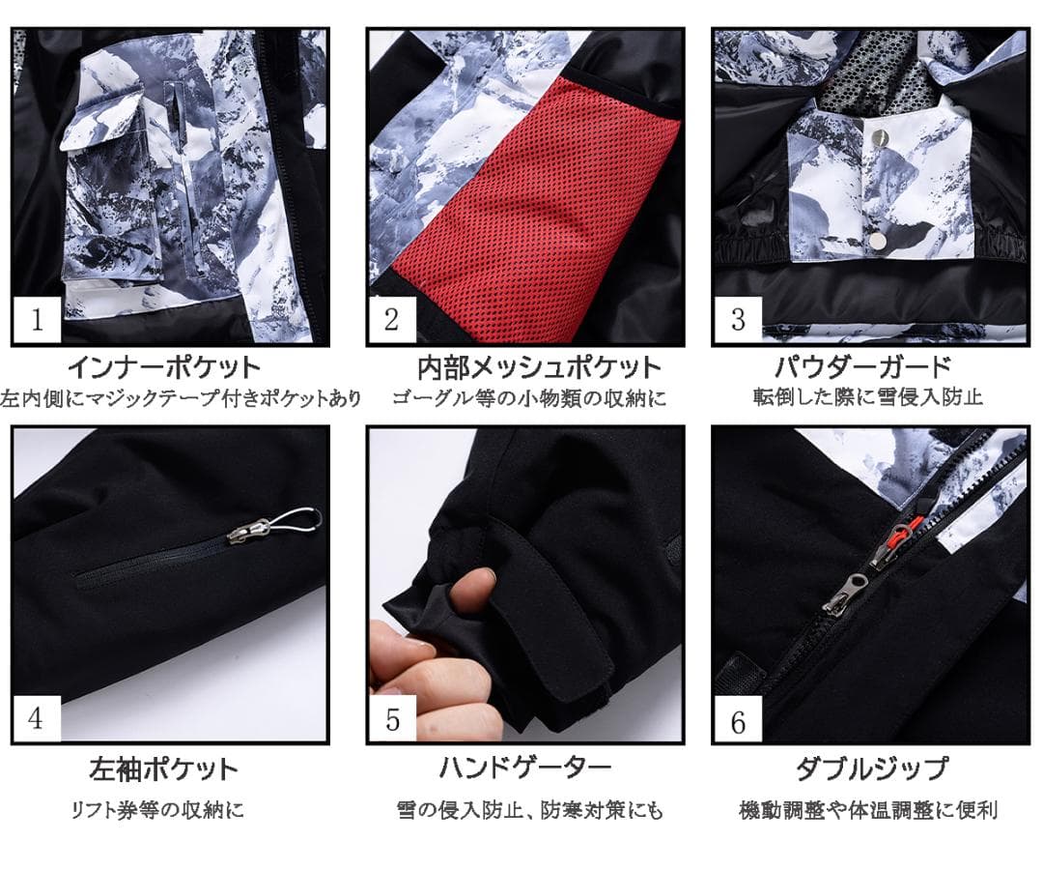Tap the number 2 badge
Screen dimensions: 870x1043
[x=391, y=319]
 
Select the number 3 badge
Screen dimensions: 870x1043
[x=738, y=319]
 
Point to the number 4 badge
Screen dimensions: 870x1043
[x=37, y=720]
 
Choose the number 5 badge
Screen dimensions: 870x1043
[x=391, y=720]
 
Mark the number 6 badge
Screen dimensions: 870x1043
[x=738, y=721]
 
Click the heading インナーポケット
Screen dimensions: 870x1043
[x=164, y=368]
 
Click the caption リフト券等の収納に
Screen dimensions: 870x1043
[x=157, y=810]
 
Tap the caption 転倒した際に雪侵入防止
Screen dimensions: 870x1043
[x=867, y=397]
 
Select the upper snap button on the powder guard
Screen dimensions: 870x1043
[x=880, y=140]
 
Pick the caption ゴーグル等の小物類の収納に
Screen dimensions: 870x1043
[x=529, y=397]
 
